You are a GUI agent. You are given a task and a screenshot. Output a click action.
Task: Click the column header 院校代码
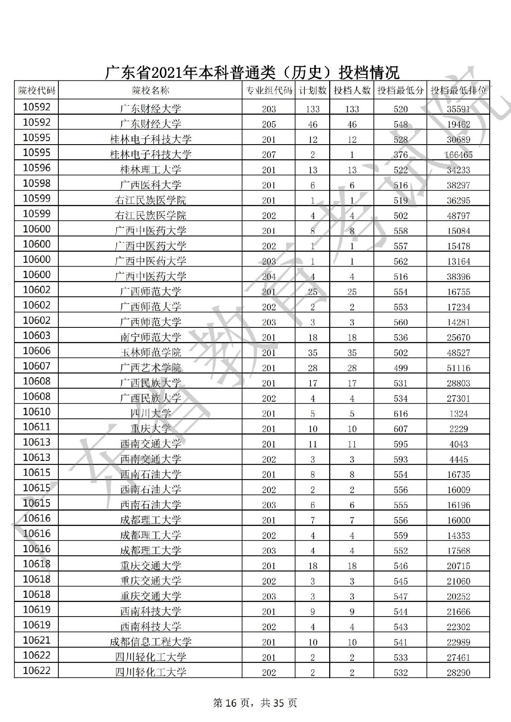click(x=37, y=90)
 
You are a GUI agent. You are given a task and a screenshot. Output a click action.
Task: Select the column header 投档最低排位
click(x=458, y=90)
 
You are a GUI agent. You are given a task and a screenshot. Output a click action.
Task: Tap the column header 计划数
click(x=313, y=90)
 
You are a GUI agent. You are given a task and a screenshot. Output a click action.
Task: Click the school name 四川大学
click(x=150, y=413)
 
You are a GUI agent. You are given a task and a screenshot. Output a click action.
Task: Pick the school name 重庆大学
click(x=150, y=429)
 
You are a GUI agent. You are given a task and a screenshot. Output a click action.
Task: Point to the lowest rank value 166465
click(x=458, y=155)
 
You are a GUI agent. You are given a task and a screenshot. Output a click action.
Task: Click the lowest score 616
click(x=401, y=414)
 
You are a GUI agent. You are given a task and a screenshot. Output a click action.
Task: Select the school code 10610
click(x=37, y=412)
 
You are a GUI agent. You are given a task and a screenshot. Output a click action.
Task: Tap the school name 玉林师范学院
click(x=150, y=352)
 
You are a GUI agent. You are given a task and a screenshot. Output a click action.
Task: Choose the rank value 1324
click(x=458, y=414)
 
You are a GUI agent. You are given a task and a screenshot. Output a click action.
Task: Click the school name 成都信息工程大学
click(x=150, y=642)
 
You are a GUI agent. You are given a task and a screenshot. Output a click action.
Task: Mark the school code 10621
click(x=37, y=640)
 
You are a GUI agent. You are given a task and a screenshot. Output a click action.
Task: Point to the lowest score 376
click(x=401, y=155)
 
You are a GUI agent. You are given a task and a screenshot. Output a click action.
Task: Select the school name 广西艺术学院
click(x=150, y=368)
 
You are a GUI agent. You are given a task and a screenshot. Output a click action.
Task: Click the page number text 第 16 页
click(x=230, y=703)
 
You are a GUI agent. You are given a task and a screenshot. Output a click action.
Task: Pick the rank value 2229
click(x=458, y=429)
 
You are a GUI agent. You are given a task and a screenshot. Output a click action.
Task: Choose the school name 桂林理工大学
click(x=150, y=170)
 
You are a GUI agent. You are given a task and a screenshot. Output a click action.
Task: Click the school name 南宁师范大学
click(x=150, y=337)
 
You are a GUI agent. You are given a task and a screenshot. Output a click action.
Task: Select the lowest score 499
click(x=401, y=368)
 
